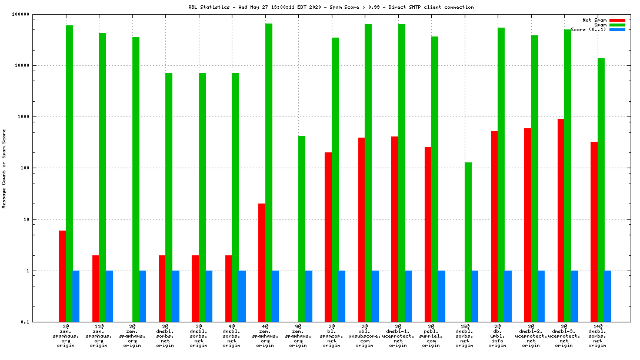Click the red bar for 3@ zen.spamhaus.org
tap(62, 276)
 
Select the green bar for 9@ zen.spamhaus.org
tap(302, 229)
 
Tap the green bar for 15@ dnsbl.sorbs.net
tap(468, 242)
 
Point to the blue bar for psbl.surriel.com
tap(441, 296)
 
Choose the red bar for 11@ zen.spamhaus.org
tap(95, 288)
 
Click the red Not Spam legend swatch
tap(617, 20)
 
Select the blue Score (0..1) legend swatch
tap(617, 29)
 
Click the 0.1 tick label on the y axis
tap(41, 322)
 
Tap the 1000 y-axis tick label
tap(38, 117)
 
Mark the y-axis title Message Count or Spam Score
tap(4, 169)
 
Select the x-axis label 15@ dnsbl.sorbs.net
tap(465, 336)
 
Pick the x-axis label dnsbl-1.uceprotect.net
tap(398, 336)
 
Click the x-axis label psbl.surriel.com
tap(431, 336)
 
